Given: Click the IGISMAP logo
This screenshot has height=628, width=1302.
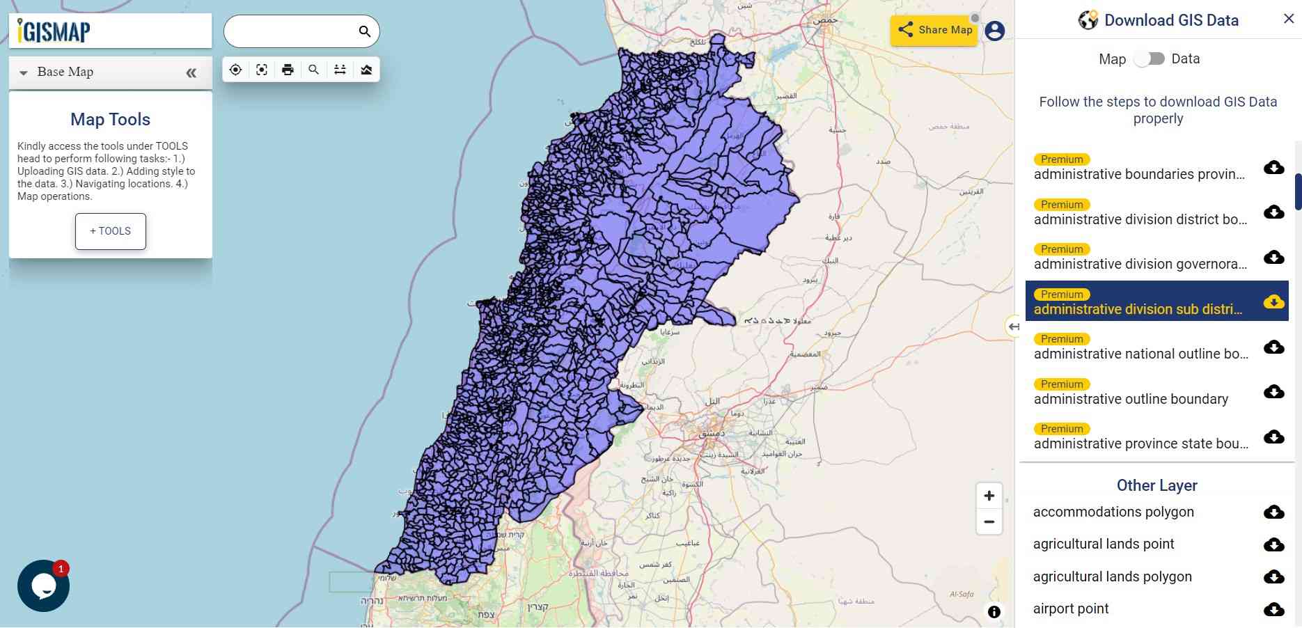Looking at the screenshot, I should click(54, 31).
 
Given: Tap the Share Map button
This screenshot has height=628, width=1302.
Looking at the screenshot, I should click(934, 30).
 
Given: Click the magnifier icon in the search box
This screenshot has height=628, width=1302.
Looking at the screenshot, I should click(364, 31).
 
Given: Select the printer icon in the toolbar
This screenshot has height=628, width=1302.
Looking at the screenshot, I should click(288, 70).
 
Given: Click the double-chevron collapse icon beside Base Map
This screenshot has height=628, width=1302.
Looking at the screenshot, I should click(191, 73).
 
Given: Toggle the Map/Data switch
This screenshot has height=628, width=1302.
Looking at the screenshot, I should click(1149, 59).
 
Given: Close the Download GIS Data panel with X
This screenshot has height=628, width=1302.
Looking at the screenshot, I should click(1289, 19).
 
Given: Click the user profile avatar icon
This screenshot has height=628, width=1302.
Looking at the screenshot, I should click(994, 31).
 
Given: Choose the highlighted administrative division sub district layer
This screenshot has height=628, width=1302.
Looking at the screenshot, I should click(1138, 309).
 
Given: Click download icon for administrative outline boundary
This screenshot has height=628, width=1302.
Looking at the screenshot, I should click(1273, 392).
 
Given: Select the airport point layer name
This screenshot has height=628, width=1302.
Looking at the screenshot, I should click(1071, 609).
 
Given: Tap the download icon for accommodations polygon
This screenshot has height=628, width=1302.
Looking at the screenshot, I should click(1273, 512).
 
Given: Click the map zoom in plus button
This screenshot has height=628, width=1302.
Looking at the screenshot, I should click(989, 496).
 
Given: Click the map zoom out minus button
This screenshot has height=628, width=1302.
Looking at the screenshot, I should click(989, 521).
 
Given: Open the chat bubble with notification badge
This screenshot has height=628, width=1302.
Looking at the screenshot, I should click(43, 586).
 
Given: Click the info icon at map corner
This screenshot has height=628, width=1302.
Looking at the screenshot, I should click(994, 611).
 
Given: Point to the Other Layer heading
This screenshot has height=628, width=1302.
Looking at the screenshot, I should click(1156, 485).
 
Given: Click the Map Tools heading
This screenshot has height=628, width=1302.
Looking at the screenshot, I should click(110, 119).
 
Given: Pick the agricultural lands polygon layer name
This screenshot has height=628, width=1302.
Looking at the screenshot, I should click(1112, 576).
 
